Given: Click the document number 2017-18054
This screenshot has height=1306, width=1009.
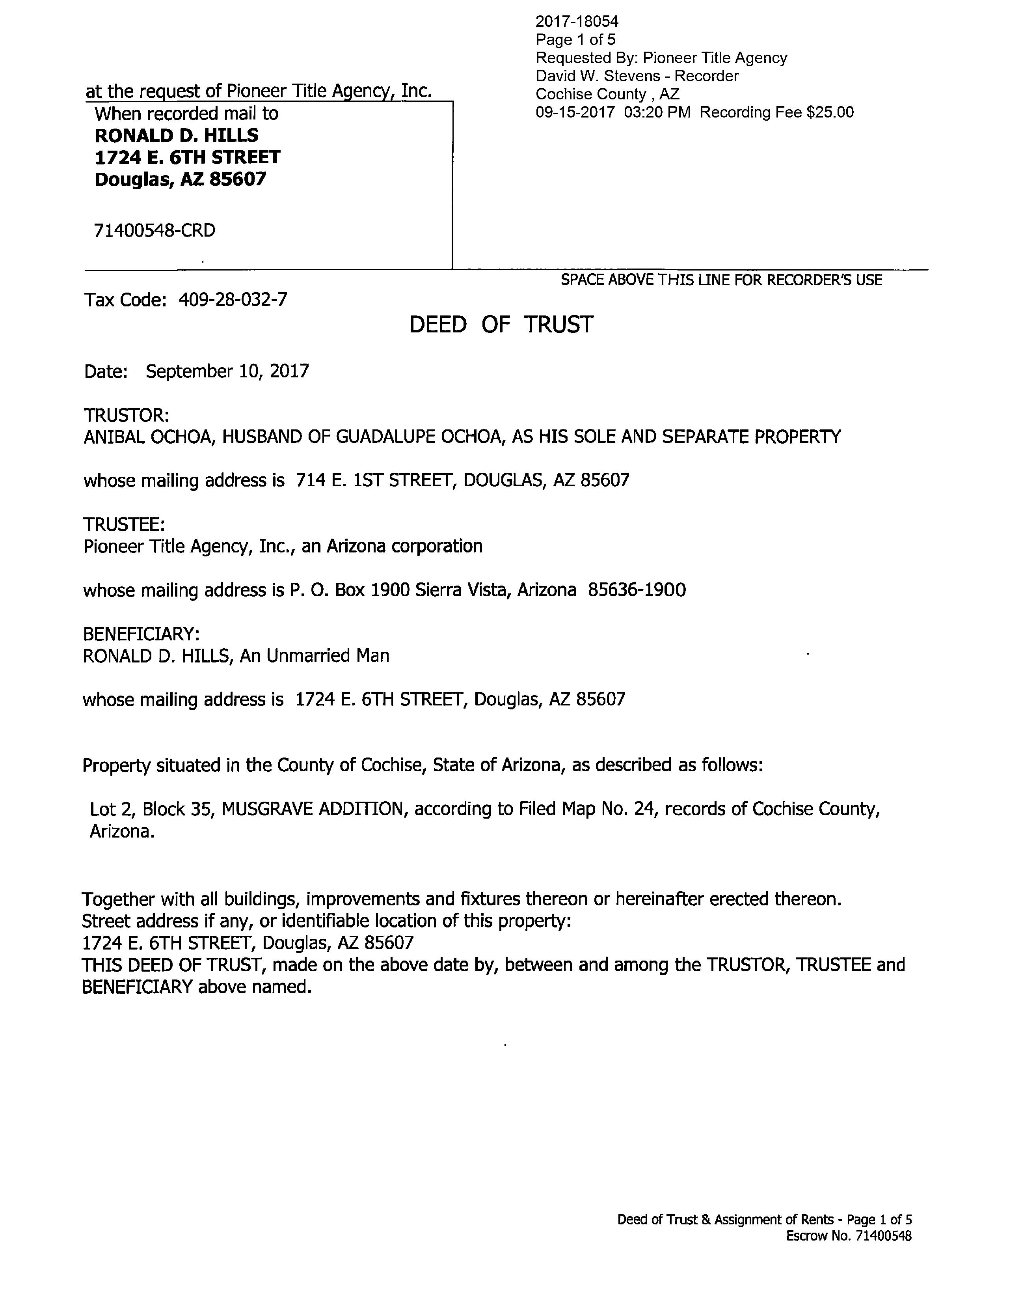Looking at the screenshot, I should coord(577,22).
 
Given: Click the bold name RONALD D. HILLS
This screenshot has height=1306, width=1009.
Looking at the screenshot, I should coord(176,135).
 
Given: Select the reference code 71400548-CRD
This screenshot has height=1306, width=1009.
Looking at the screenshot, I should coord(155,230).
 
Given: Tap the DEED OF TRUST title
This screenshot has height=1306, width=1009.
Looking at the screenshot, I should coord(501,325).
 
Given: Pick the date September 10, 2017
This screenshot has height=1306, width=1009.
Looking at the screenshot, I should coord(227,371).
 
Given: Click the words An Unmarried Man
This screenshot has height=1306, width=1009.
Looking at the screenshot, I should coord(315,656).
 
